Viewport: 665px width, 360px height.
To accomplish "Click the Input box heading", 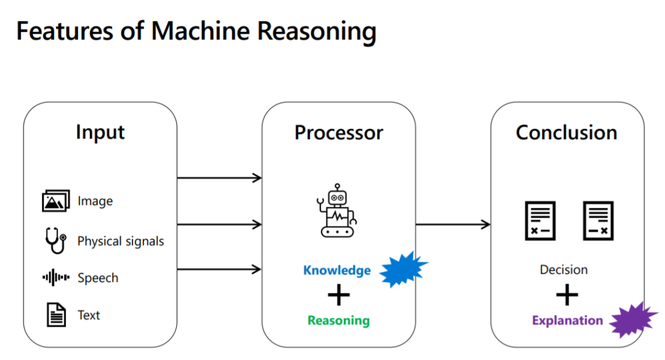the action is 100,133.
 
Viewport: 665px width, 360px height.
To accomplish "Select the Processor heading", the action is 339,133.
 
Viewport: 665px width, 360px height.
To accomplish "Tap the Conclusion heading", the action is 566,133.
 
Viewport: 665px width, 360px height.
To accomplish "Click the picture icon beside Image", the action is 56,201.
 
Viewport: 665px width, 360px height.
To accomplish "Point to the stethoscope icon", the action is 56,241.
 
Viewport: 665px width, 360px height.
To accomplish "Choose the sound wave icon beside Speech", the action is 56,278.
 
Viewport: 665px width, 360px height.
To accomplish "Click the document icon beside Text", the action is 56,314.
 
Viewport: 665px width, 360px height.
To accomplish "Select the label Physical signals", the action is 121,241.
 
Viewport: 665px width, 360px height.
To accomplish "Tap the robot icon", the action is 337,210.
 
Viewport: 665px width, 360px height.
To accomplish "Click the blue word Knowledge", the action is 337,270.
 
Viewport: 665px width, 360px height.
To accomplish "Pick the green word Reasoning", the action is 339,321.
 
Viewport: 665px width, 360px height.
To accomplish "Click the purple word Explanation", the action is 568,321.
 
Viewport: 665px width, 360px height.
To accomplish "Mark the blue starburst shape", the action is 404,270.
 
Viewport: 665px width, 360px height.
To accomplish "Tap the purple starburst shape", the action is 634,320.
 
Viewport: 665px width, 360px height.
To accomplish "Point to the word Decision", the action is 563,270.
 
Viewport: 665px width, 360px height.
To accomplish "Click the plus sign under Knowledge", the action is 339,295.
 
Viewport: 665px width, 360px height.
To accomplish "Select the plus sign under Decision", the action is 567,295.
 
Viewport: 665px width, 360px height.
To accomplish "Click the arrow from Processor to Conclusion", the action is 453,225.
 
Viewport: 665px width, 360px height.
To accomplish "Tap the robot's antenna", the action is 337,187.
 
